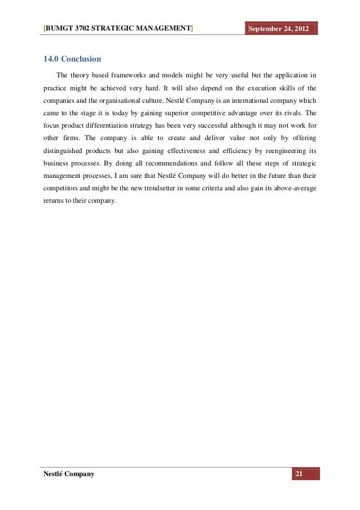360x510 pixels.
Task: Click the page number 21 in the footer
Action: (299, 473)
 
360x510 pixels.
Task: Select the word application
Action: (288, 75)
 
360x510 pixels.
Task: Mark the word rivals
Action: (292, 113)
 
